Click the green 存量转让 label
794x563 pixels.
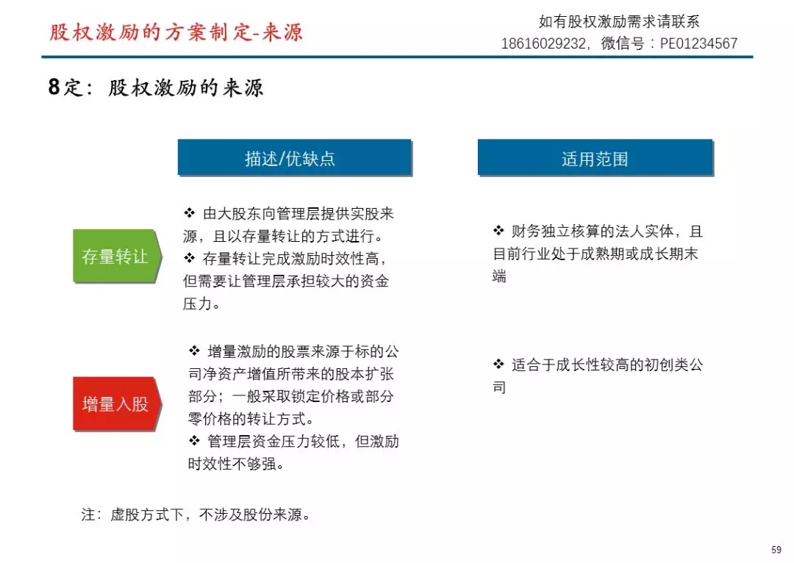117,256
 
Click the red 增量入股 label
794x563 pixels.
117,404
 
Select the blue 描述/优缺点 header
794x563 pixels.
295,158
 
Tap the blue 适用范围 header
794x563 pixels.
595,158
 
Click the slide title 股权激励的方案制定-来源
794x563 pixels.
176,32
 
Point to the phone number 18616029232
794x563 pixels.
543,43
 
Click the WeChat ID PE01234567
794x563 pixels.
698,43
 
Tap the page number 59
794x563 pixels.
776,549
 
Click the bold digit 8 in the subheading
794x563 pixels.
54,87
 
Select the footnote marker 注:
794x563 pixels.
91,515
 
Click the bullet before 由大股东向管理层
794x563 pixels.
190,212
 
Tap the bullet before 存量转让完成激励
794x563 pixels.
190,258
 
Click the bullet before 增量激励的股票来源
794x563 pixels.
194,351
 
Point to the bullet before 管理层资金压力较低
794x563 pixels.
194,440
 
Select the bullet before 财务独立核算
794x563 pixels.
498,230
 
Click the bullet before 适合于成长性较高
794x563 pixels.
498,364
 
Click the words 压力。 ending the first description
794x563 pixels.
201,304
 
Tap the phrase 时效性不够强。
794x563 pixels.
236,464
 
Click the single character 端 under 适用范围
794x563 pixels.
499,276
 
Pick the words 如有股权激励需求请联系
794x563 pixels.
619,21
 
